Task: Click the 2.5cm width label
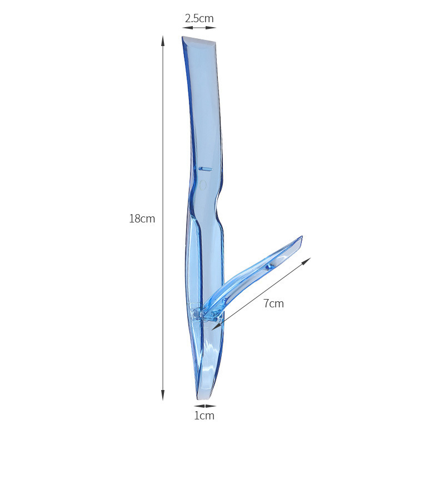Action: [x=199, y=18]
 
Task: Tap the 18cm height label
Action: [x=142, y=219]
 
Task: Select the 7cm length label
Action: [x=273, y=303]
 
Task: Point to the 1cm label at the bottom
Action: [x=204, y=416]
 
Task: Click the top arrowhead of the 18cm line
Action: [x=162, y=40]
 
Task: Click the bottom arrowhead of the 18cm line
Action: [x=162, y=396]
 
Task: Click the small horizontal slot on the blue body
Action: [x=205, y=169]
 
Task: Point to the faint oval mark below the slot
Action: [x=203, y=185]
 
